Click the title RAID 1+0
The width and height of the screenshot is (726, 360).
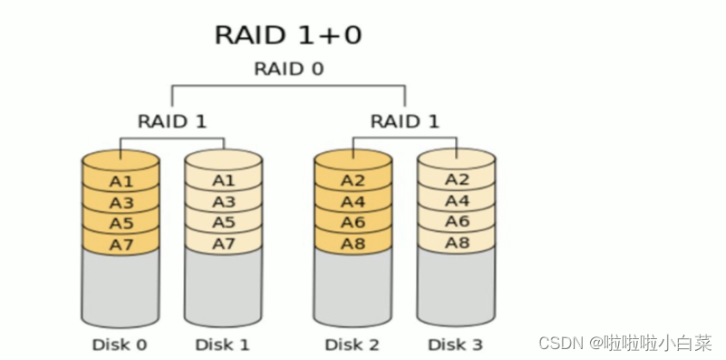pyautogui.click(x=288, y=34)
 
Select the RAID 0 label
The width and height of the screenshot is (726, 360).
pyautogui.click(x=288, y=69)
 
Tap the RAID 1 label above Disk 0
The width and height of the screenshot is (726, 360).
pyautogui.click(x=172, y=121)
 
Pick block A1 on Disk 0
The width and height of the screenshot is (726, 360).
pyautogui.click(x=121, y=180)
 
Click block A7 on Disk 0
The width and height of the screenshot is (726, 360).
pyautogui.click(x=121, y=243)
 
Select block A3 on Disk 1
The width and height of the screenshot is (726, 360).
pyautogui.click(x=223, y=201)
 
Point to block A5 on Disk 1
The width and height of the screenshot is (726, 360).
pyautogui.click(x=223, y=222)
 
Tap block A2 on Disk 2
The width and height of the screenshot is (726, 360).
pyautogui.click(x=353, y=180)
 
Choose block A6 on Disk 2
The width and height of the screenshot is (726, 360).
pyautogui.click(x=353, y=222)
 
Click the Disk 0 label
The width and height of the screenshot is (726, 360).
pyautogui.click(x=120, y=344)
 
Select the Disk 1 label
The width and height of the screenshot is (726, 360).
pyautogui.click(x=223, y=344)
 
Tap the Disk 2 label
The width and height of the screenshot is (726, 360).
pyautogui.click(x=353, y=344)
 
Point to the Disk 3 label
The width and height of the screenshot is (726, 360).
pyautogui.click(x=456, y=344)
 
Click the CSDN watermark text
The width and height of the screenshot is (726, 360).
pyautogui.click(x=624, y=343)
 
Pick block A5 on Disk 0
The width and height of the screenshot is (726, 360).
pyautogui.click(x=121, y=222)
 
